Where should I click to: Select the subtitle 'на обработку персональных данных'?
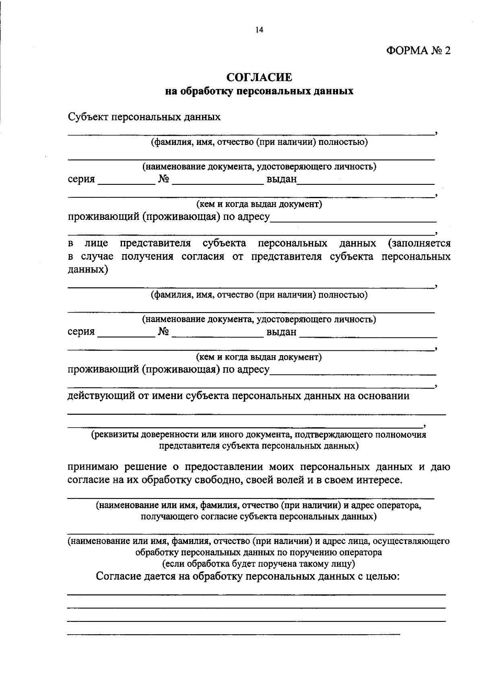[x=259, y=91]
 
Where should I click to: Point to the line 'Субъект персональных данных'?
[x=144, y=117]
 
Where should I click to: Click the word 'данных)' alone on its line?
[x=88, y=269]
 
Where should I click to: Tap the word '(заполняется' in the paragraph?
[x=419, y=243]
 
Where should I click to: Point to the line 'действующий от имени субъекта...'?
[x=238, y=396]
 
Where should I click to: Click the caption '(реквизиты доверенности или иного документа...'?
[x=258, y=435]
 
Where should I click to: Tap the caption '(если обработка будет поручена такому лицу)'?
[x=258, y=563]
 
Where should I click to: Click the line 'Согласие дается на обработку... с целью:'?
[x=248, y=576]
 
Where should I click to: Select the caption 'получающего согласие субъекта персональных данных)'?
[x=258, y=516]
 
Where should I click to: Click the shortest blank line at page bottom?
[x=233, y=635]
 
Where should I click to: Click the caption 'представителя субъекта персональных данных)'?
[x=258, y=446]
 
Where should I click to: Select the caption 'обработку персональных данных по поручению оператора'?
[x=258, y=552]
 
